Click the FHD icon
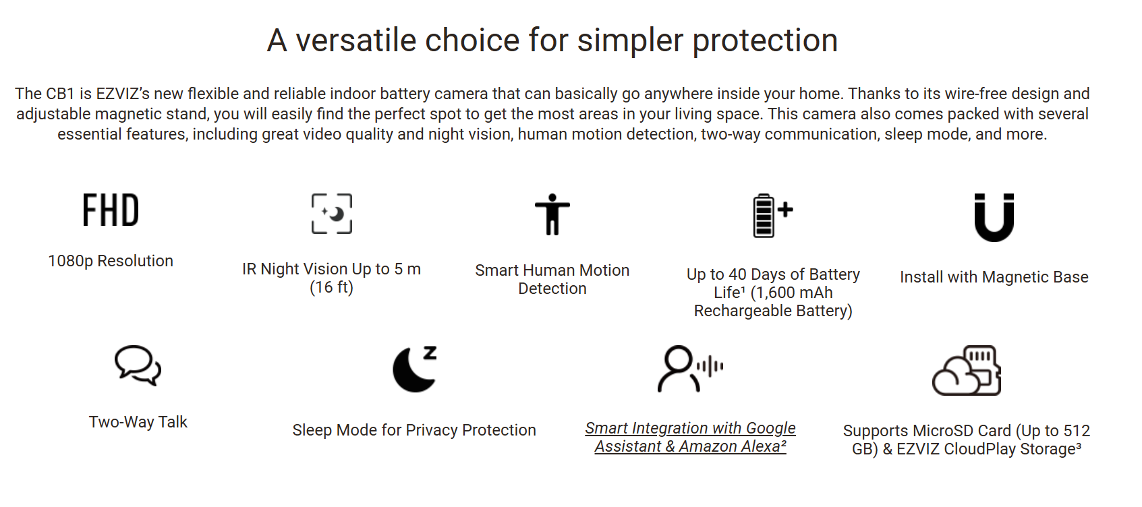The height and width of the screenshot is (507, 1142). click(x=111, y=210)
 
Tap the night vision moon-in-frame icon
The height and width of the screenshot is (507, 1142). click(x=331, y=214)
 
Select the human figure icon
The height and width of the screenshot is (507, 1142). click(x=552, y=214)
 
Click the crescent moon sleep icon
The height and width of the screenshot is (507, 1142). click(x=414, y=369)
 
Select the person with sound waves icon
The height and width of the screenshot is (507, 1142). click(x=690, y=369)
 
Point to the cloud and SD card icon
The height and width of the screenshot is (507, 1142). click(x=966, y=370)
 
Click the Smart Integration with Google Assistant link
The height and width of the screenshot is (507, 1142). click(x=690, y=437)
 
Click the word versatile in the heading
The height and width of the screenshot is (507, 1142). click(x=356, y=40)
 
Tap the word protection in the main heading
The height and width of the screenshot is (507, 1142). click(x=765, y=40)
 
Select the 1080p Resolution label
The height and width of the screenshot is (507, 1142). click(x=111, y=261)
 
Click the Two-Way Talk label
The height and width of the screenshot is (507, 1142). click(x=138, y=422)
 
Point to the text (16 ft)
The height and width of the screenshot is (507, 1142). click(x=331, y=287)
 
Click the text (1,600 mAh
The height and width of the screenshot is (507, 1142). click(x=792, y=293)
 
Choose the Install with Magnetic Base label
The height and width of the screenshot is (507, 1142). click(x=994, y=277)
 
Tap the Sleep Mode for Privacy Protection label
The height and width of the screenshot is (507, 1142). click(x=414, y=430)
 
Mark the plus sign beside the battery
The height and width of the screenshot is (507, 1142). click(x=786, y=210)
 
